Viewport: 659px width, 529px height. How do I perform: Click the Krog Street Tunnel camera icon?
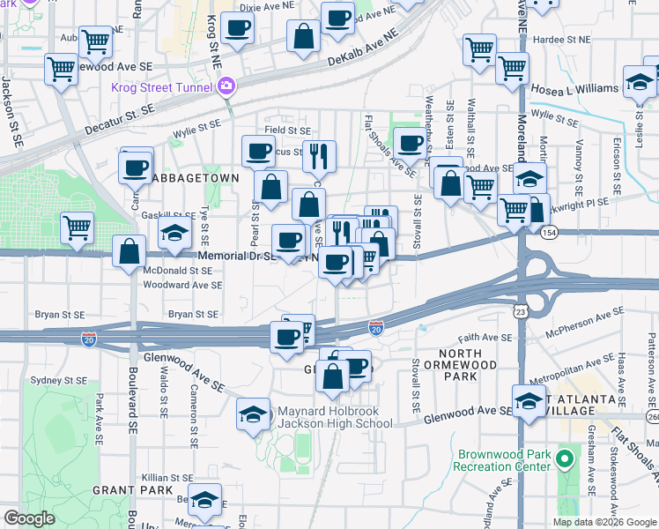[x=227, y=86]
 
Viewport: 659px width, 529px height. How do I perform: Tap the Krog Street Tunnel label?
[x=161, y=87]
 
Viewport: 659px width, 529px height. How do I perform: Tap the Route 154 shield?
[x=550, y=230]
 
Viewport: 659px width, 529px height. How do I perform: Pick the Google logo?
[x=30, y=518]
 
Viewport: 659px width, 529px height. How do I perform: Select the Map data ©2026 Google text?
[x=603, y=522]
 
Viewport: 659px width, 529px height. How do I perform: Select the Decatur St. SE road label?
[x=120, y=118]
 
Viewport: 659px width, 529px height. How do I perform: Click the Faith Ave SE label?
[x=485, y=338]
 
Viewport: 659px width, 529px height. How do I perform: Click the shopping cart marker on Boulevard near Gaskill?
[x=77, y=227]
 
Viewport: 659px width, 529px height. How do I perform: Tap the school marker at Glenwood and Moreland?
[x=529, y=399]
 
